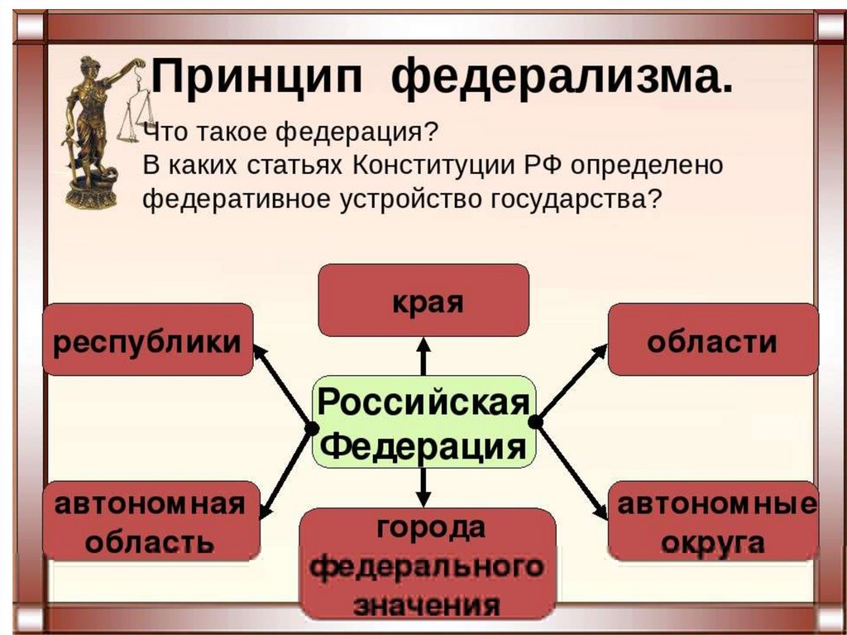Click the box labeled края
423,300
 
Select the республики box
147,339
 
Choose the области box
712,339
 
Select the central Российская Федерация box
423,422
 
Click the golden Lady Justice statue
89,132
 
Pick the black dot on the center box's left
312,428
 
